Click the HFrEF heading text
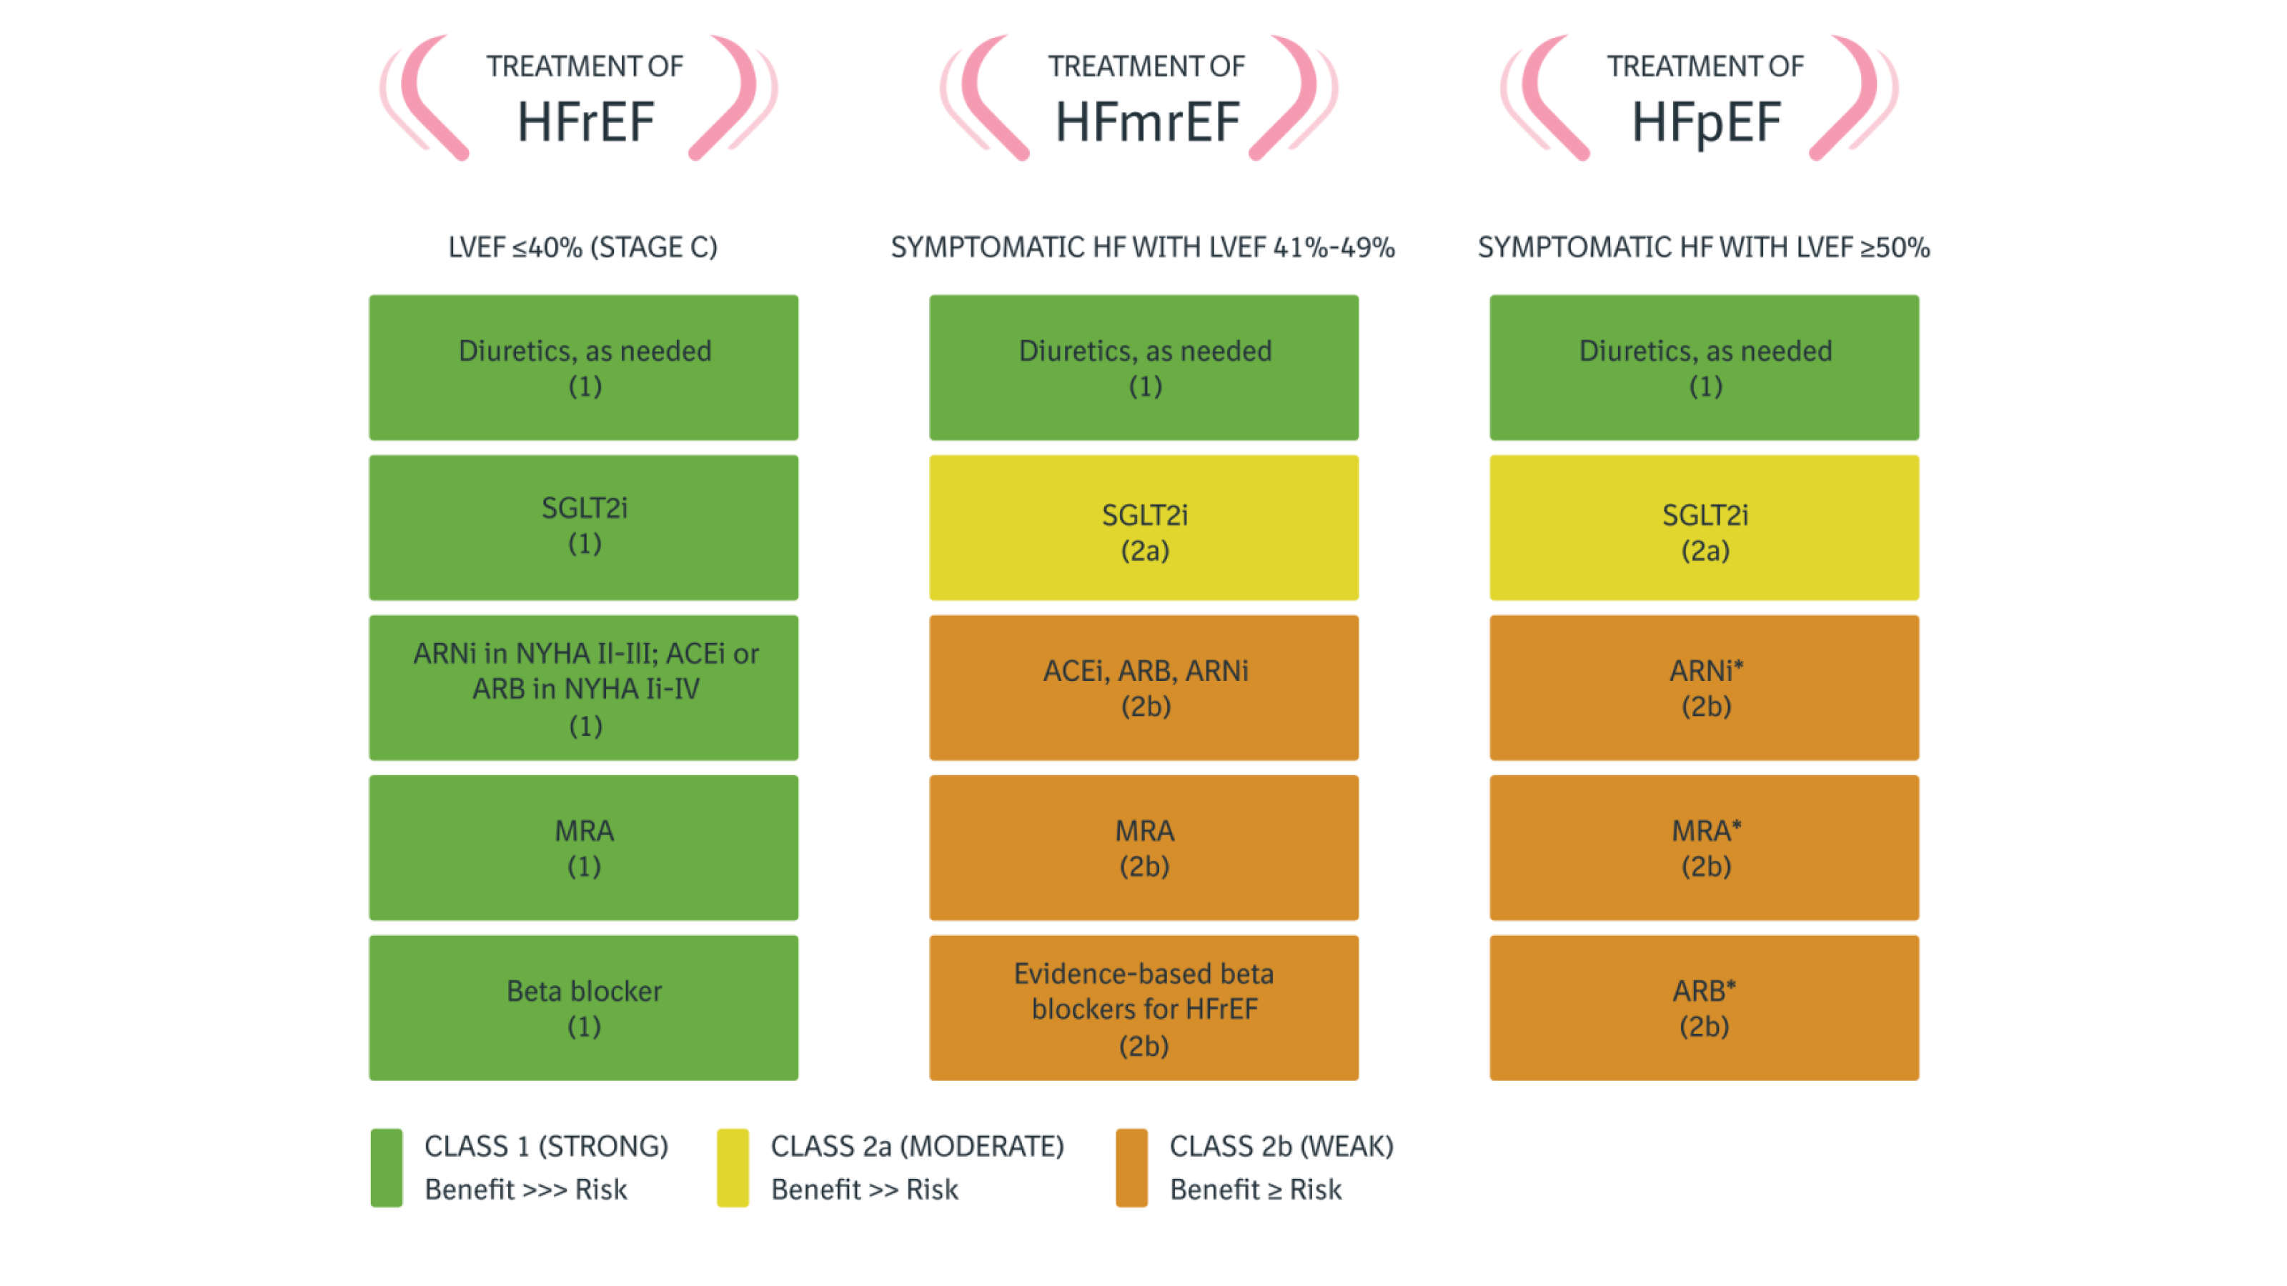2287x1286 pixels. coord(585,121)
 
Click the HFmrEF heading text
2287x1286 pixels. coord(1146,121)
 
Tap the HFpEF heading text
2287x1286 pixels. coord(1705,122)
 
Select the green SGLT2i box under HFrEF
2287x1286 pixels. coord(583,527)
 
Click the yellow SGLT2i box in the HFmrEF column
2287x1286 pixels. coord(1143,527)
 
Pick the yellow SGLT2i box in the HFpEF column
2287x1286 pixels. coord(1704,527)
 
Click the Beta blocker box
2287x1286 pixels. coord(583,1007)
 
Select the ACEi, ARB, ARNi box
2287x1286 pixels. coord(1143,688)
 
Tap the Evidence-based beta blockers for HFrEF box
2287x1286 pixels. coord(1143,1007)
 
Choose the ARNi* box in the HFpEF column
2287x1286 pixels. coord(1704,688)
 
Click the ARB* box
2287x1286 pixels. coord(1704,1007)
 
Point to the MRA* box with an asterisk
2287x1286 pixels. coord(1704,847)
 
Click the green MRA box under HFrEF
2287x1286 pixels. coord(583,847)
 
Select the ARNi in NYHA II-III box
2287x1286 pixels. coord(583,688)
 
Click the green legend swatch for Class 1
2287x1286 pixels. coord(386,1167)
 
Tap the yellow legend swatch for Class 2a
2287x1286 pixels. coord(733,1167)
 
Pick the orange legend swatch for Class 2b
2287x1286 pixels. coord(1131,1167)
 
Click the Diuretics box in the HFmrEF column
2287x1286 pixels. coord(1143,367)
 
